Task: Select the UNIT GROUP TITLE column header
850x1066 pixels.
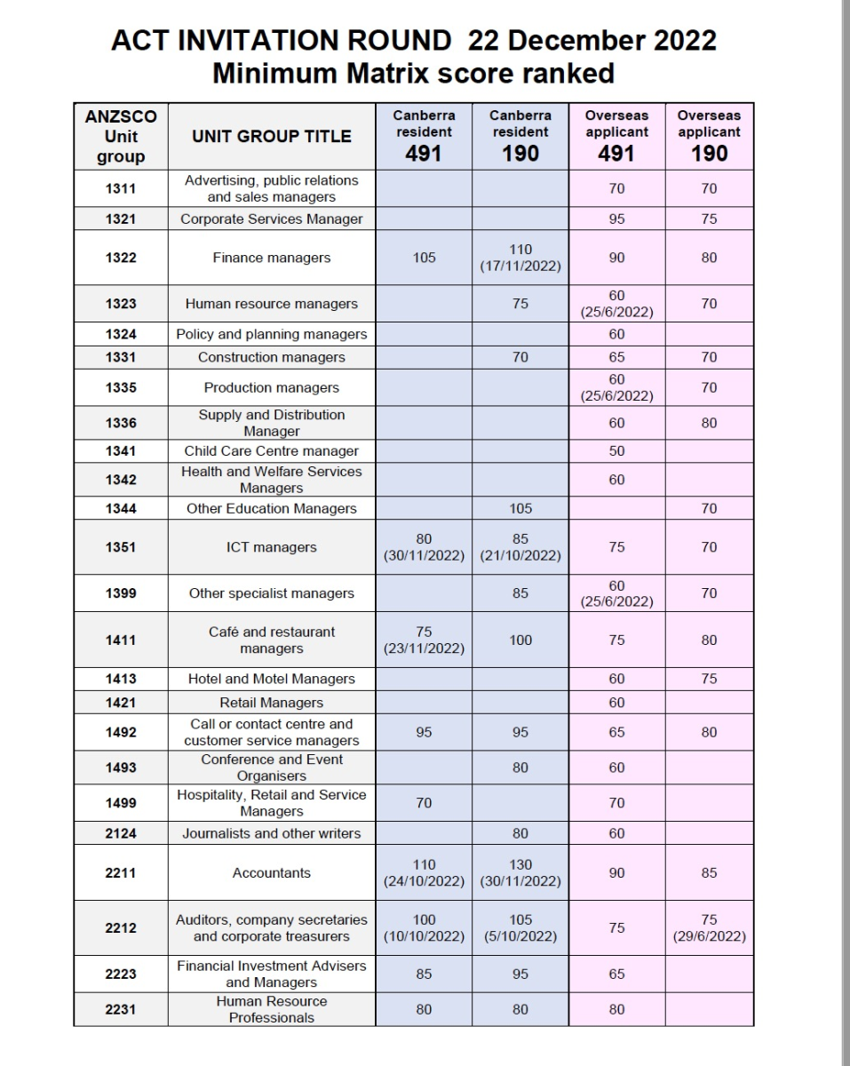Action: pos(272,136)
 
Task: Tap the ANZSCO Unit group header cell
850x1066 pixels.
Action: pos(121,136)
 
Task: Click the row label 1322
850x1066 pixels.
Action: pos(121,258)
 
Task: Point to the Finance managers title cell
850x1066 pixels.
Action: pos(272,258)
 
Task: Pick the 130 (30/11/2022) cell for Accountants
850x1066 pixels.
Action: pos(520,872)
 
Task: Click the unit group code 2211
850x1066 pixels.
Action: pos(121,872)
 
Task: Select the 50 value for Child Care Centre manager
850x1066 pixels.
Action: pos(616,450)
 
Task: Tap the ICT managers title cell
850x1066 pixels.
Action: pos(272,547)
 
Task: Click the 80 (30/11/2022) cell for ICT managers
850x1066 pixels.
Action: pos(424,547)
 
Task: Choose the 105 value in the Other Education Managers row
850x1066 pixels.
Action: pos(520,508)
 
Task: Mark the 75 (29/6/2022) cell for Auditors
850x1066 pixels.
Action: pos(709,927)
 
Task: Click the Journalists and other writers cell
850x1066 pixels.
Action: pos(272,833)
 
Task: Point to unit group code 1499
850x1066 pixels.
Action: pos(121,803)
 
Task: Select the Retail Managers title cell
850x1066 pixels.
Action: pos(272,703)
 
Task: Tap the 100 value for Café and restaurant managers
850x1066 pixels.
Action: pos(520,640)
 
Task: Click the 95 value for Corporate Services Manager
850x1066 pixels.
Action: pos(616,219)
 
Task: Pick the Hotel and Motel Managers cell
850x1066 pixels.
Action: pos(272,679)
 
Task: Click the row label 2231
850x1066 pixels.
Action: pos(121,1009)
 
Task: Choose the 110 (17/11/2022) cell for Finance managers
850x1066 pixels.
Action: pos(520,258)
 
